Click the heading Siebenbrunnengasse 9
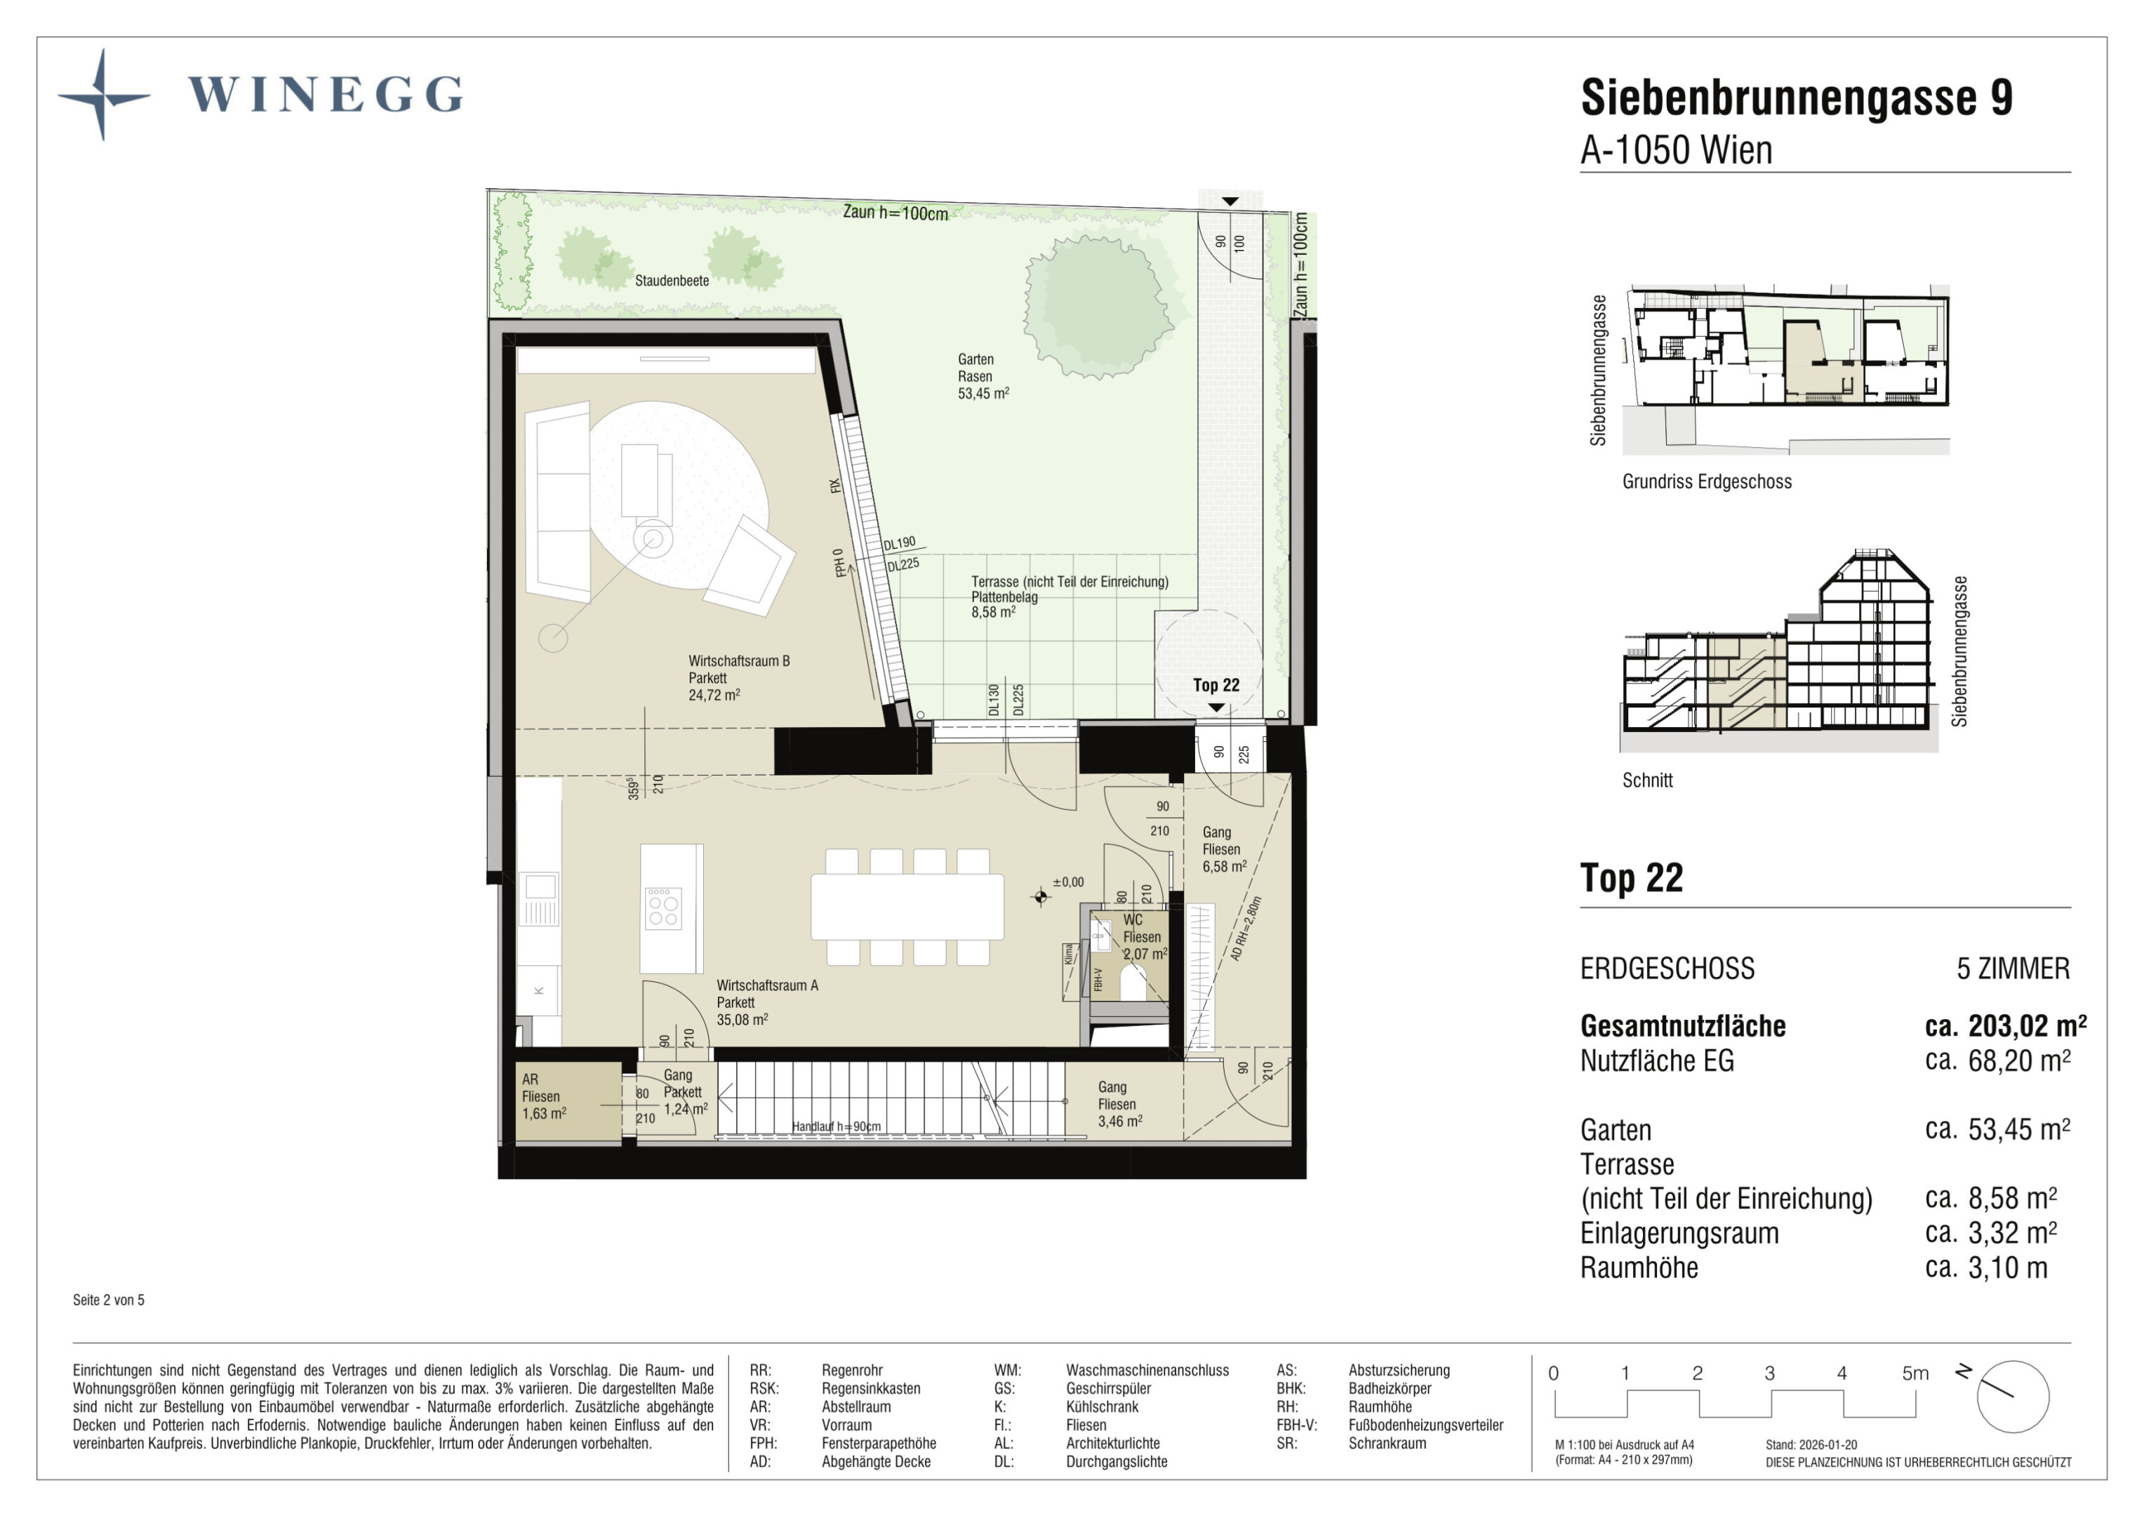coord(1796,97)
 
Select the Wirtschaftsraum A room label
coord(768,1002)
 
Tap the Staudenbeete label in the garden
coord(672,280)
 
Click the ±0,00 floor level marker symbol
coord(1040,898)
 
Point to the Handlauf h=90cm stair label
coord(836,1126)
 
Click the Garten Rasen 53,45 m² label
coord(983,376)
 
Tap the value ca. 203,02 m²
coord(2006,1025)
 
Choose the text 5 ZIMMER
coord(2013,969)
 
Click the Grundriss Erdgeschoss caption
coord(1707,482)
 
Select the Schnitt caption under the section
coord(1647,780)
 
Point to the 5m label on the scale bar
coord(1915,1373)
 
